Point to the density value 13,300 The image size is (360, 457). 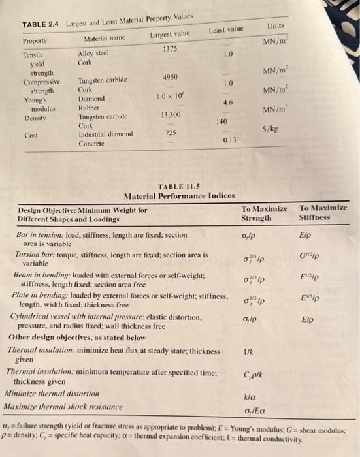coord(172,114)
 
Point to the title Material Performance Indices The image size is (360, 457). coord(179,195)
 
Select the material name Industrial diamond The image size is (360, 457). coord(105,134)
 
